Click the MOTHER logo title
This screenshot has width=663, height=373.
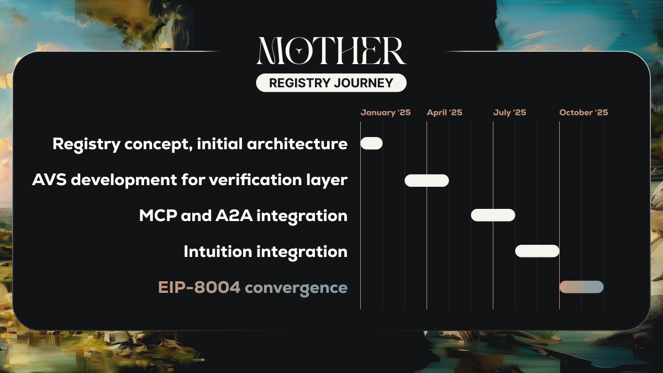[x=331, y=51]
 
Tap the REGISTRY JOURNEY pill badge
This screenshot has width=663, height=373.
[x=331, y=83]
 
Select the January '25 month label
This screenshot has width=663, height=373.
[x=386, y=113]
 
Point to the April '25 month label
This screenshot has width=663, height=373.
[x=444, y=113]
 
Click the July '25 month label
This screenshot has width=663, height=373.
[x=509, y=113]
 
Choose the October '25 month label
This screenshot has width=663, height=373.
[x=583, y=113]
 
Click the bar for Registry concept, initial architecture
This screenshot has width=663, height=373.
[x=371, y=143]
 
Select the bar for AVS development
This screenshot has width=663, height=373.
[x=427, y=180]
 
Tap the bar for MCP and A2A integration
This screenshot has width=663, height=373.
[x=493, y=216]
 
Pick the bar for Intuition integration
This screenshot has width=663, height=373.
[x=537, y=251]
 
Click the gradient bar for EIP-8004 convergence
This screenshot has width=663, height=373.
[x=581, y=287]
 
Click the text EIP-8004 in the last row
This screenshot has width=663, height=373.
[x=199, y=288]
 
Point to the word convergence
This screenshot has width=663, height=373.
[x=296, y=288]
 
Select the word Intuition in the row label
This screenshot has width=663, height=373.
[x=218, y=252]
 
